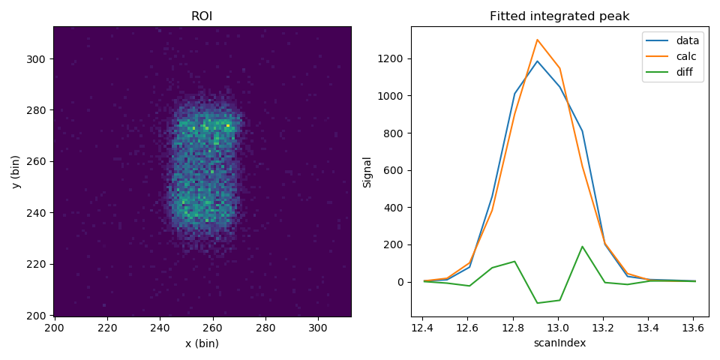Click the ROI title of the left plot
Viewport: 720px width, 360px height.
click(x=202, y=16)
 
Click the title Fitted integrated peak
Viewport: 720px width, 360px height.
click(x=559, y=16)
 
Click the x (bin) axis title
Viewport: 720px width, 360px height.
click(x=202, y=343)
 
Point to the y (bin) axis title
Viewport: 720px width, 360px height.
click(x=16, y=171)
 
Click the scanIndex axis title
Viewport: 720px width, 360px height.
click(x=559, y=343)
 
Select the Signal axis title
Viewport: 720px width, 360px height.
click(x=367, y=171)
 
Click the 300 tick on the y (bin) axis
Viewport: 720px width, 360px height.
click(x=38, y=58)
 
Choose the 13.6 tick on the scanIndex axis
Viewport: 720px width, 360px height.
click(x=694, y=328)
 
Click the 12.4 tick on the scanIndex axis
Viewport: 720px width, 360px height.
click(x=424, y=328)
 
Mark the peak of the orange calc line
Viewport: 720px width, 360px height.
click(x=537, y=40)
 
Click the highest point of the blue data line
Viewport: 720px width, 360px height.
click(x=537, y=61)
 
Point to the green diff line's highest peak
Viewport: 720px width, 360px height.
click(x=582, y=246)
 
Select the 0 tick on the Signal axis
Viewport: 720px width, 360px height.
click(x=401, y=282)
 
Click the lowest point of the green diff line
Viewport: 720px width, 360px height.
click(x=537, y=303)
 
